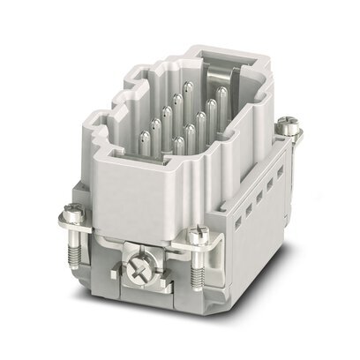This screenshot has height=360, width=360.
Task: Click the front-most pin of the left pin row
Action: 145,141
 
